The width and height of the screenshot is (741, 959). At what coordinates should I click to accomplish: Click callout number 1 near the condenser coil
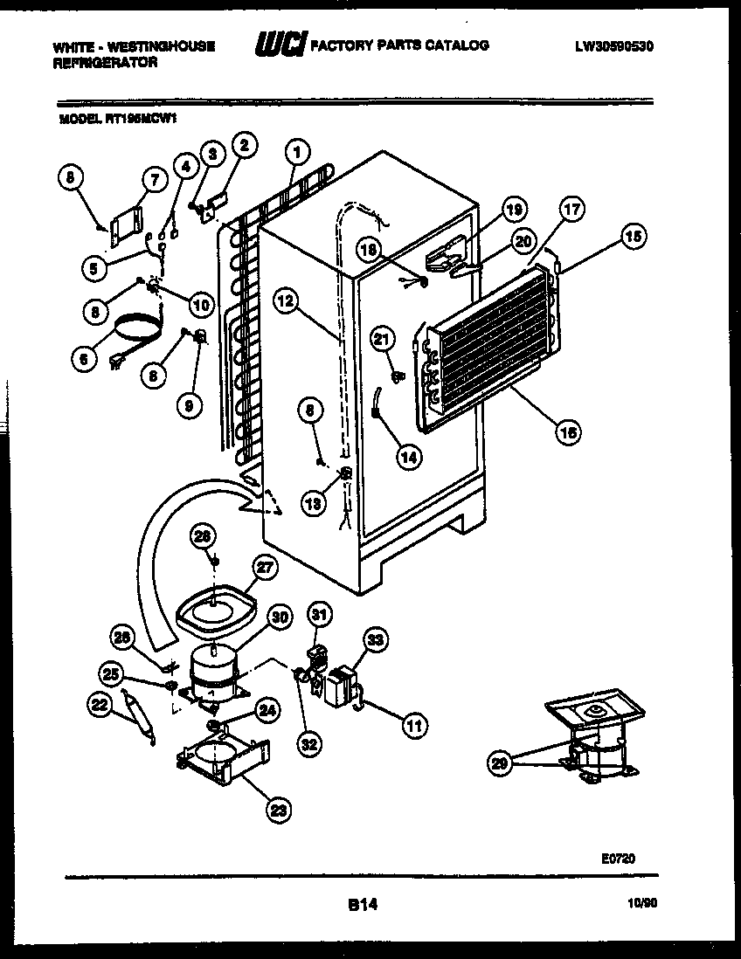297,153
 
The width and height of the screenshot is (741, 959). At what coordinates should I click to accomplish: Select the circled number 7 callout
154,181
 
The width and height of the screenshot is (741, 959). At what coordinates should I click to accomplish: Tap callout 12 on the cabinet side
287,301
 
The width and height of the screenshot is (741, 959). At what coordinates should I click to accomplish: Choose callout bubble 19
515,209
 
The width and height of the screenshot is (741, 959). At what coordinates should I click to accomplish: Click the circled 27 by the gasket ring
263,569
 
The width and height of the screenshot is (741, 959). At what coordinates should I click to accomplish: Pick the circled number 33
375,641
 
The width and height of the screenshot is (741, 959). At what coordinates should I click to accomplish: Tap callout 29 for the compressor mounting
499,764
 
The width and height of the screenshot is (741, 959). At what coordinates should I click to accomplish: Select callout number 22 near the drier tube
101,703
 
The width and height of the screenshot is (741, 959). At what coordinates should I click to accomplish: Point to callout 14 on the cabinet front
408,455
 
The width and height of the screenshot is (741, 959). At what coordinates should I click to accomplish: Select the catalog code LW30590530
616,45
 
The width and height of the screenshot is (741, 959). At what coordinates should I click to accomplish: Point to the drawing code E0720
617,859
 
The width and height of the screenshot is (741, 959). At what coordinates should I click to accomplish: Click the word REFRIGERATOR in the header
105,63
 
